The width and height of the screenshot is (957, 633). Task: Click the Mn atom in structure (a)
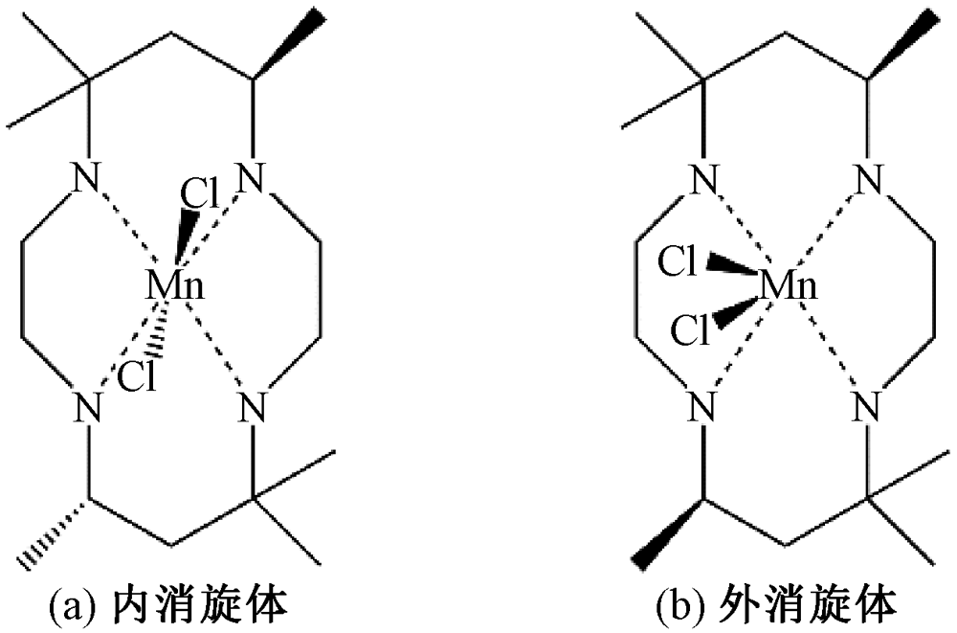point(173,285)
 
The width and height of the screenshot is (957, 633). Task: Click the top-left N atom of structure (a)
point(88,177)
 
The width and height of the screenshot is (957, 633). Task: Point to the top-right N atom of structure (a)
point(253,177)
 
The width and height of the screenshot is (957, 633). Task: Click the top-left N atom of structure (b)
point(704,177)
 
